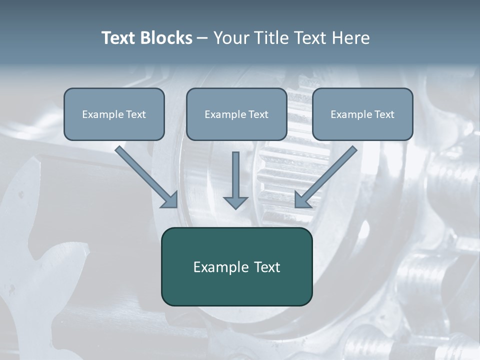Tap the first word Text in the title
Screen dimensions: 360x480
pos(118,38)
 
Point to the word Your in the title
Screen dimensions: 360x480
pos(230,38)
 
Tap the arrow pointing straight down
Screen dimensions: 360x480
pos(235,177)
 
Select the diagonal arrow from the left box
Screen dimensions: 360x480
pos(145,175)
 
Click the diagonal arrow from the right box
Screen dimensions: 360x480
pos(327,175)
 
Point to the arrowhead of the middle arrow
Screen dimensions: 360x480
pos(235,202)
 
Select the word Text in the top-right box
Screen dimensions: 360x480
pos(384,114)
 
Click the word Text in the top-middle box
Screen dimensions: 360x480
pos(258,114)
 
